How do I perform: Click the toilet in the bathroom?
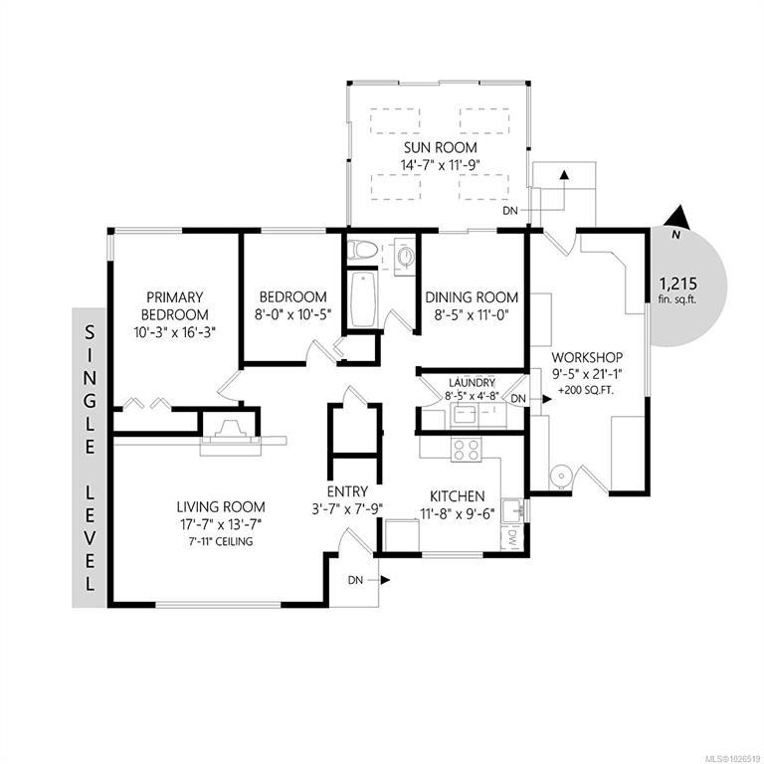[x=363, y=250]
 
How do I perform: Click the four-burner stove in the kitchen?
[x=467, y=450]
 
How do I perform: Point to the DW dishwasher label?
[x=512, y=538]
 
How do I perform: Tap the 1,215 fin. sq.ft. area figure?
[x=677, y=289]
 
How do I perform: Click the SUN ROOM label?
[x=441, y=147]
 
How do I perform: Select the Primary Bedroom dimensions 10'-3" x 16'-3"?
[x=174, y=332]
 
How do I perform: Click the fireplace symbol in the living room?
[x=230, y=432]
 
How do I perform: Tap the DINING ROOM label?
[x=472, y=297]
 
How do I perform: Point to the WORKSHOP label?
[x=587, y=357]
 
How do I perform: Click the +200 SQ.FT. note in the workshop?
[x=586, y=390]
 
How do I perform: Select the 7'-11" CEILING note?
[x=221, y=541]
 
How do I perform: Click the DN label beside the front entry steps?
[x=356, y=580]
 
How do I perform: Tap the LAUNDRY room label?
[x=472, y=383]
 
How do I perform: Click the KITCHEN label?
[x=457, y=496]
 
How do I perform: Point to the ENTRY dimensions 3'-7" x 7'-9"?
[x=347, y=509]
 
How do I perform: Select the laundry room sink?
[x=465, y=415]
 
